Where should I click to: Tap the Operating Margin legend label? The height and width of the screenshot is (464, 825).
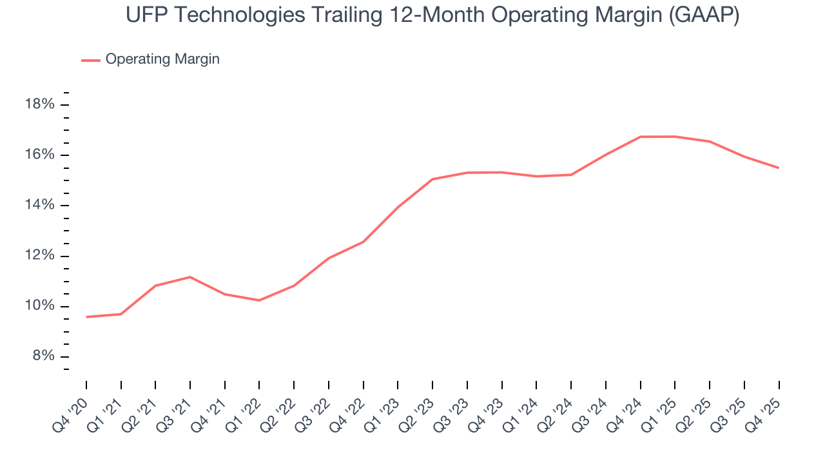(162, 59)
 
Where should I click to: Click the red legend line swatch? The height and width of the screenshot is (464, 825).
(90, 60)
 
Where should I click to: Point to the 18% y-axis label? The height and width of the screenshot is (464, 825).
(39, 104)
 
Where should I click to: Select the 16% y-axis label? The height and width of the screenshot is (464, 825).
(39, 155)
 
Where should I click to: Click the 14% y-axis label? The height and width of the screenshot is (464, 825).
(39, 205)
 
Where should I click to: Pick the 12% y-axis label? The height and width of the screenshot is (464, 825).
(39, 255)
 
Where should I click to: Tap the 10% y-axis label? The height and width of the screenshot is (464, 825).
(39, 305)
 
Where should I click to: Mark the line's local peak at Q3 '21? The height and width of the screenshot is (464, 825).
(190, 277)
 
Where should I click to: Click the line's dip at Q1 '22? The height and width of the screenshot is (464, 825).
(259, 300)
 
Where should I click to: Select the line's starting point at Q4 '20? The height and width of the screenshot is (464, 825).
(86, 316)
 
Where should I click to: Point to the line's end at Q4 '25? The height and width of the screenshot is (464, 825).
(779, 168)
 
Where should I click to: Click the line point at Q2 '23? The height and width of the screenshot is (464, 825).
(432, 179)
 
